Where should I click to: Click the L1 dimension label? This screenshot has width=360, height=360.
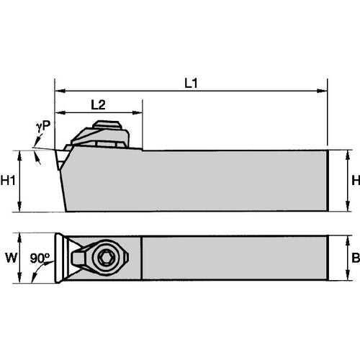point(191,83)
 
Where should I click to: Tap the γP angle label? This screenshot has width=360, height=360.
point(43,126)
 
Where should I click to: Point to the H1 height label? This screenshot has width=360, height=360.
point(8,181)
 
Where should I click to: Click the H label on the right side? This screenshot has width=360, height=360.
point(353,181)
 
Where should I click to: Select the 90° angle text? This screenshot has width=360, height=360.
point(40,258)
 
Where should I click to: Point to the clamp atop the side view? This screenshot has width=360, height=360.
point(101,134)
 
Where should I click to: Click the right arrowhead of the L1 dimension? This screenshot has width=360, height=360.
point(323,91)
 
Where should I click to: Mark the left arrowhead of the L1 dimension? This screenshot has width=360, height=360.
point(59,91)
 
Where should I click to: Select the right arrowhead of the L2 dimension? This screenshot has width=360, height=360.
point(138,112)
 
